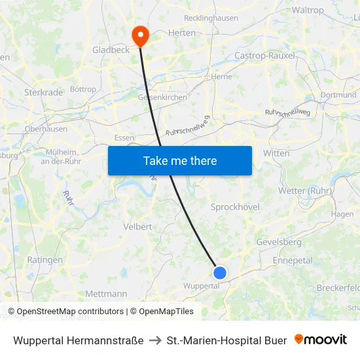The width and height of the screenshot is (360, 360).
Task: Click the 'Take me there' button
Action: [180, 160]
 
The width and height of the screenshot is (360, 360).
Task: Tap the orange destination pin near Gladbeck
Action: [140, 35]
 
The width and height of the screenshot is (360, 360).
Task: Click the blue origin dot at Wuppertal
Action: [220, 272]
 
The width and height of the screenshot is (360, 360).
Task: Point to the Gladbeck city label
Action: [111, 50]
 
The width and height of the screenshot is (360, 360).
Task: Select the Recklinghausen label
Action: [211, 18]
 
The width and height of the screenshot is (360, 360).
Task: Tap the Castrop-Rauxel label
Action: [265, 56]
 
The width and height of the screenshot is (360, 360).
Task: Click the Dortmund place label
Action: [338, 95]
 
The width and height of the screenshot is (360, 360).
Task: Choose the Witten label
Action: [276, 153]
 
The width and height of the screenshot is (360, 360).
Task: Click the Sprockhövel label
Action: [235, 207]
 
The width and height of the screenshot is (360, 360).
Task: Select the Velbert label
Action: [137, 226]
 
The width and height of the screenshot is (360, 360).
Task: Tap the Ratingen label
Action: [45, 260]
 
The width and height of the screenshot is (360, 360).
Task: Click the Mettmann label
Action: [106, 294]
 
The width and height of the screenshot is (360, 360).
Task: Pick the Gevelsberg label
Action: [280, 242]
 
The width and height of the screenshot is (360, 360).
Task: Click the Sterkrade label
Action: [43, 92]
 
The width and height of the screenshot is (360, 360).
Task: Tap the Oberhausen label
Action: [46, 129]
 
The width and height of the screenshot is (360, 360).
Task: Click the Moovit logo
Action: [321, 340]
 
